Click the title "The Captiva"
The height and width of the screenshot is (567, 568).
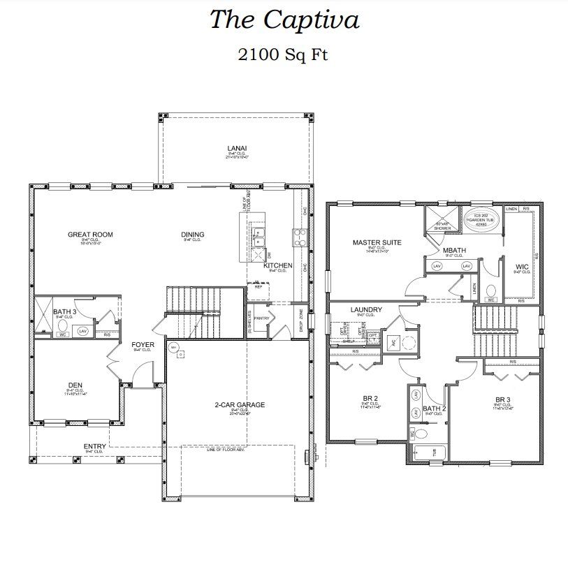click(284, 20)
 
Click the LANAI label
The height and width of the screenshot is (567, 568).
click(237, 148)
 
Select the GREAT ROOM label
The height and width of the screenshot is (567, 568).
click(90, 235)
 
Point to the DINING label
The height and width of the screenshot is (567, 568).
click(193, 235)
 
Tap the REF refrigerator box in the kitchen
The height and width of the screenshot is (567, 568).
click(258, 286)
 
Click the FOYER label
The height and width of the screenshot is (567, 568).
click(142, 344)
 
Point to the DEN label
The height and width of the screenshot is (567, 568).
click(75, 384)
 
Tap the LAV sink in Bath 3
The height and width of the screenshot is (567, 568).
click(83, 331)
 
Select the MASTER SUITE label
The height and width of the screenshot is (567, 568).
click(377, 242)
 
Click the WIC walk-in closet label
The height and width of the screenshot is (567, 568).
click(521, 266)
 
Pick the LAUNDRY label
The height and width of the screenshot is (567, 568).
click(365, 309)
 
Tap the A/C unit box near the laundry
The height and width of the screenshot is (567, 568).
click(393, 342)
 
